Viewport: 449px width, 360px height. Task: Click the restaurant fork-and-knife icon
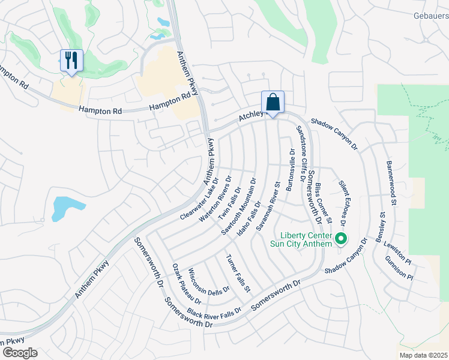tap(71, 61)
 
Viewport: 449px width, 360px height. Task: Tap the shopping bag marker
tap(273, 102)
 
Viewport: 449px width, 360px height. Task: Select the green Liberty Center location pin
tap(341, 239)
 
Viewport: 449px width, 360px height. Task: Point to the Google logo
tap(20, 352)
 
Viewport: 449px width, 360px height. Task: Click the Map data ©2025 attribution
tap(422, 355)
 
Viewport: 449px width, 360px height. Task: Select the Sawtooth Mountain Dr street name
tap(238, 206)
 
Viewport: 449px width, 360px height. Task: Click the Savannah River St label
tap(268, 208)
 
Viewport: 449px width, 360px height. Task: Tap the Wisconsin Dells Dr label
tap(209, 281)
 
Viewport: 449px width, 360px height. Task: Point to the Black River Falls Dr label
tap(214, 312)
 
